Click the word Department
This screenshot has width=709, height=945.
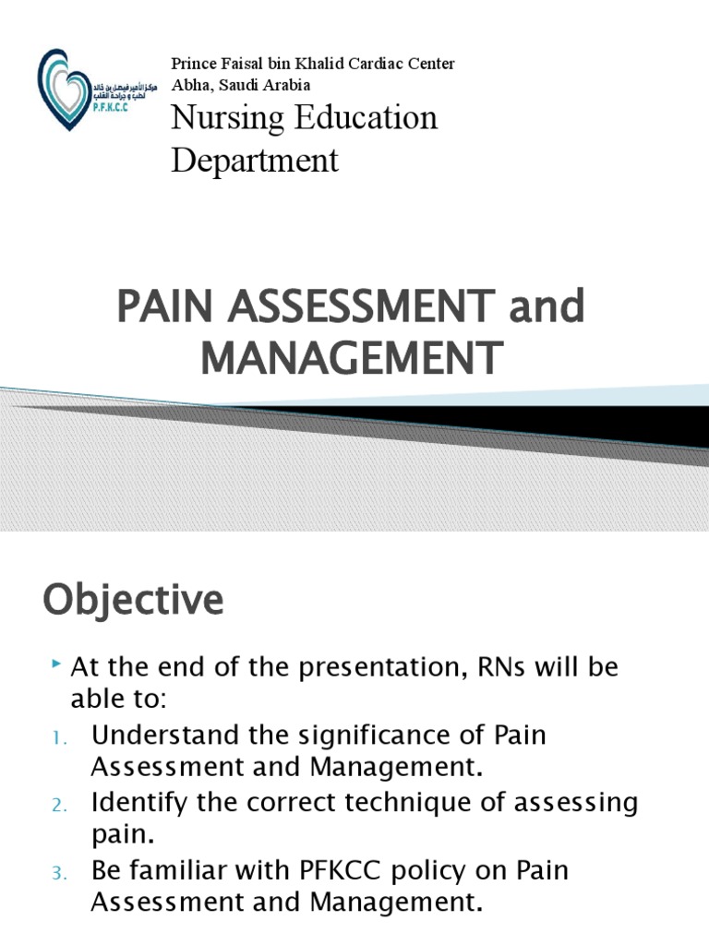[256, 161]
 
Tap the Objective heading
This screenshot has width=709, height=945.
[133, 601]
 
